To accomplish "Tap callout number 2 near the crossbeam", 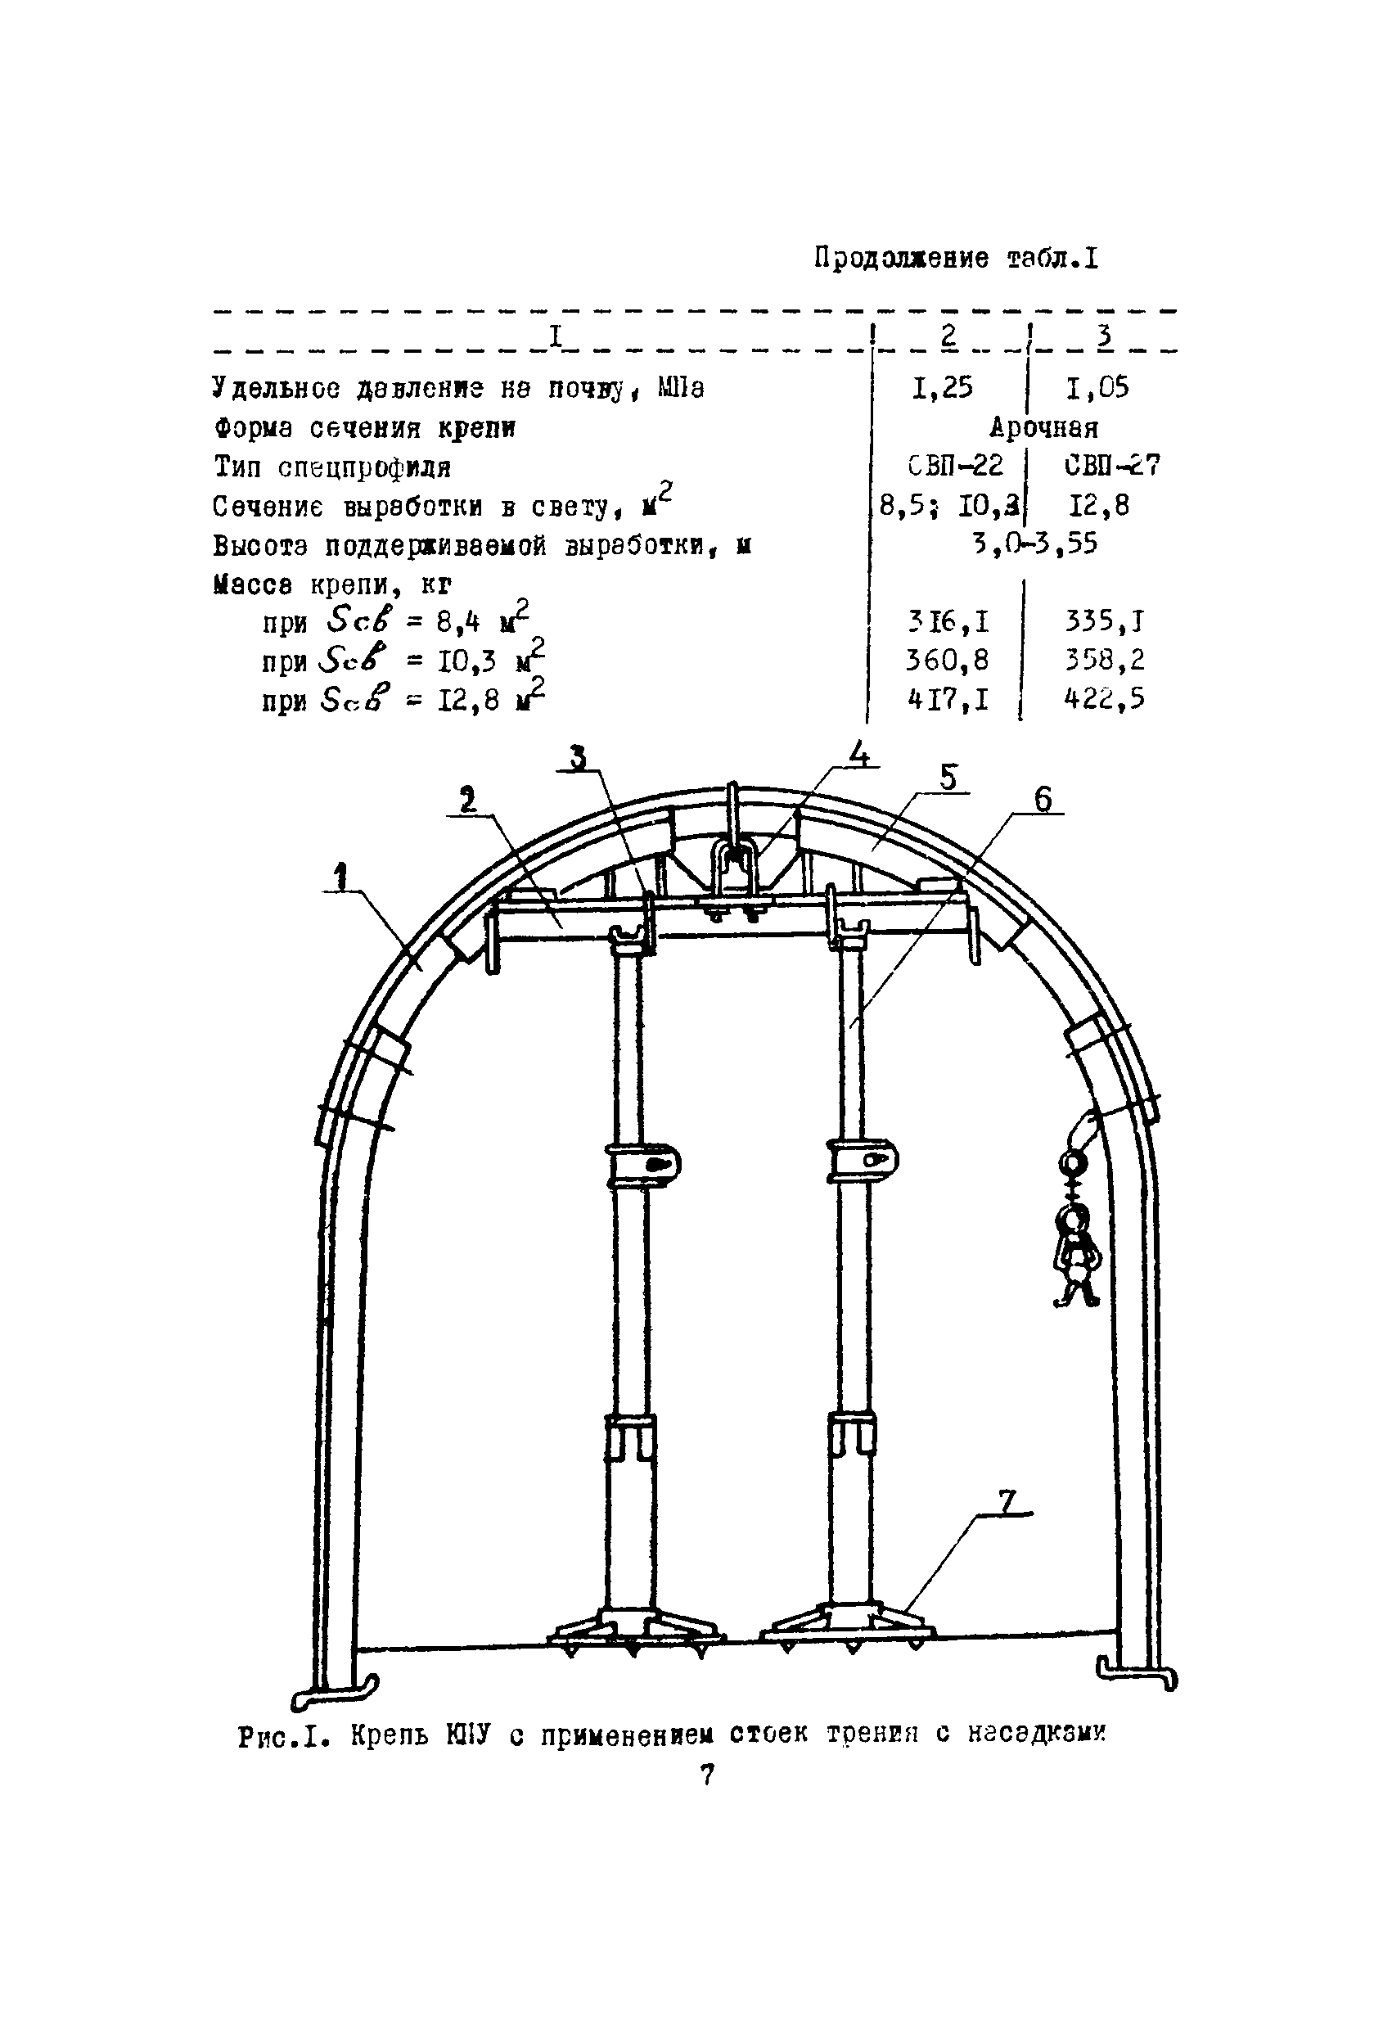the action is coord(468,798).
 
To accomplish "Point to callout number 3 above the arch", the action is coord(577,757).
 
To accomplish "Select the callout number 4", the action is coord(859,753).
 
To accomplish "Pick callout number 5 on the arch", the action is coord(948,778).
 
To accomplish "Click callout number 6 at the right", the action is coord(1042,799).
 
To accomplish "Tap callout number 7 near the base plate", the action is coord(1007,1502).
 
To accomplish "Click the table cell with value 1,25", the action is coord(942,387).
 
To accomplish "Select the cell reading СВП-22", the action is coord(954,466).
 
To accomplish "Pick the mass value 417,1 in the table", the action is coord(948,699).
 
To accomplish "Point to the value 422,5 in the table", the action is coord(1104,699).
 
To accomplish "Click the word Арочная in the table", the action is coord(1043,427).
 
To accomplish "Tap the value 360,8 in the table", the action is coord(948,660).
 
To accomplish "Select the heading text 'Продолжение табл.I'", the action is coord(955,259).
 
